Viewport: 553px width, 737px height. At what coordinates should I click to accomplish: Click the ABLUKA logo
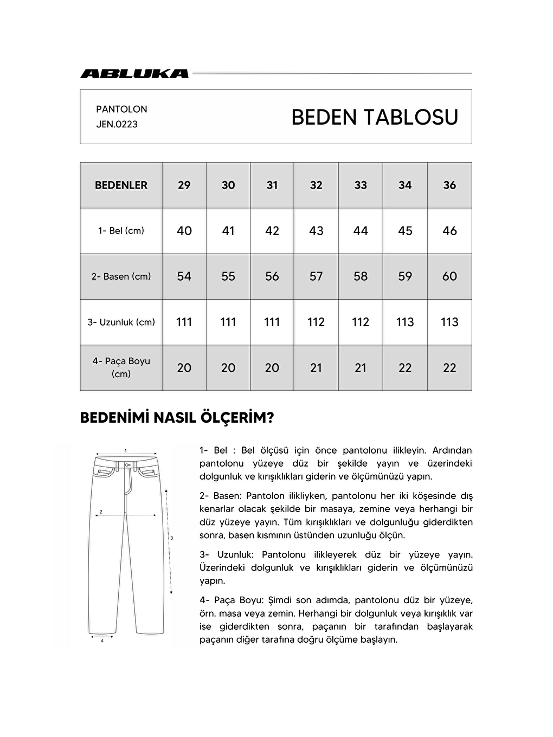pos(134,74)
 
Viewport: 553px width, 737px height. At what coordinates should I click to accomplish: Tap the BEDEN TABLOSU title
pos(375,117)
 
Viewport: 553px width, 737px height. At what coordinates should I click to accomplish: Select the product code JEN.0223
pos(117,124)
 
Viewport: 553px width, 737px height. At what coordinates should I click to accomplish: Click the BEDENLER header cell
pos(121,185)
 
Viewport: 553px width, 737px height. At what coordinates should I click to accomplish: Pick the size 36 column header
pos(449,185)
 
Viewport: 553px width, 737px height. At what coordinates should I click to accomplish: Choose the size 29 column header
pos(184,185)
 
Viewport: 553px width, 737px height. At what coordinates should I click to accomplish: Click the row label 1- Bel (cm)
pos(121,231)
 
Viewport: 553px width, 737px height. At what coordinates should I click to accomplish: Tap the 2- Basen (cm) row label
pos(121,276)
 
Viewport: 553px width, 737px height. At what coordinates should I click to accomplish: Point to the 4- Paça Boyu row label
pos(121,367)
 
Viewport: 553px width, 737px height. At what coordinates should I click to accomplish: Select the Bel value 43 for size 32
pos(316,231)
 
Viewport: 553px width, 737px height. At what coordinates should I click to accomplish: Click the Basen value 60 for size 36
pos(449,276)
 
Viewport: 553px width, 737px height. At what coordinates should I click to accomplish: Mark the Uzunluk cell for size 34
pos(405,322)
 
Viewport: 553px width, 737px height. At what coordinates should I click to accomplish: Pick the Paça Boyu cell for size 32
pos(316,367)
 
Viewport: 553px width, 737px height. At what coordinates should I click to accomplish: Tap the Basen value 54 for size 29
pos(184,276)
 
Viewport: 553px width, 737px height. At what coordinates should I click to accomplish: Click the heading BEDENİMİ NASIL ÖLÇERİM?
pos(177,418)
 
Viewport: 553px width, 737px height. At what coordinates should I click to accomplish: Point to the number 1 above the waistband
pos(126,450)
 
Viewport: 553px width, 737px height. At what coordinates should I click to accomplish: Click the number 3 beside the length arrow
pos(171,538)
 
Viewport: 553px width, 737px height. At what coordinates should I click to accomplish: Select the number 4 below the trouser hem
pos(102,641)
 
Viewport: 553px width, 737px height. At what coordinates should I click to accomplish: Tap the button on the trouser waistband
pos(126,465)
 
